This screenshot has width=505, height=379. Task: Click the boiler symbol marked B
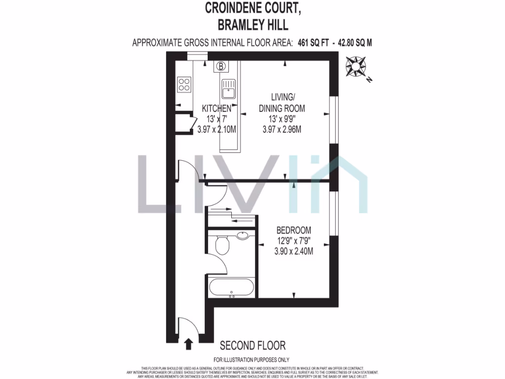point(221,66)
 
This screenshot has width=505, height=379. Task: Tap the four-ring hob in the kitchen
point(184,85)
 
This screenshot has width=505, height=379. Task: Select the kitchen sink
point(229,90)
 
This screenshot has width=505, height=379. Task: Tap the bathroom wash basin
point(243,235)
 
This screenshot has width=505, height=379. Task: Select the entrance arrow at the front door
point(188,343)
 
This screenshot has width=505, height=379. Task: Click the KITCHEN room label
point(216,109)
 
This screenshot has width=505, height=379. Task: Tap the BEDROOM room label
point(293,230)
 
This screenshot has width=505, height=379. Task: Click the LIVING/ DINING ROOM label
point(282,103)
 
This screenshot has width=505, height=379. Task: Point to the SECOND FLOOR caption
point(252,345)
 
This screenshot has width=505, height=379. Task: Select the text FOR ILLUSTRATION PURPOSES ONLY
point(252,360)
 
